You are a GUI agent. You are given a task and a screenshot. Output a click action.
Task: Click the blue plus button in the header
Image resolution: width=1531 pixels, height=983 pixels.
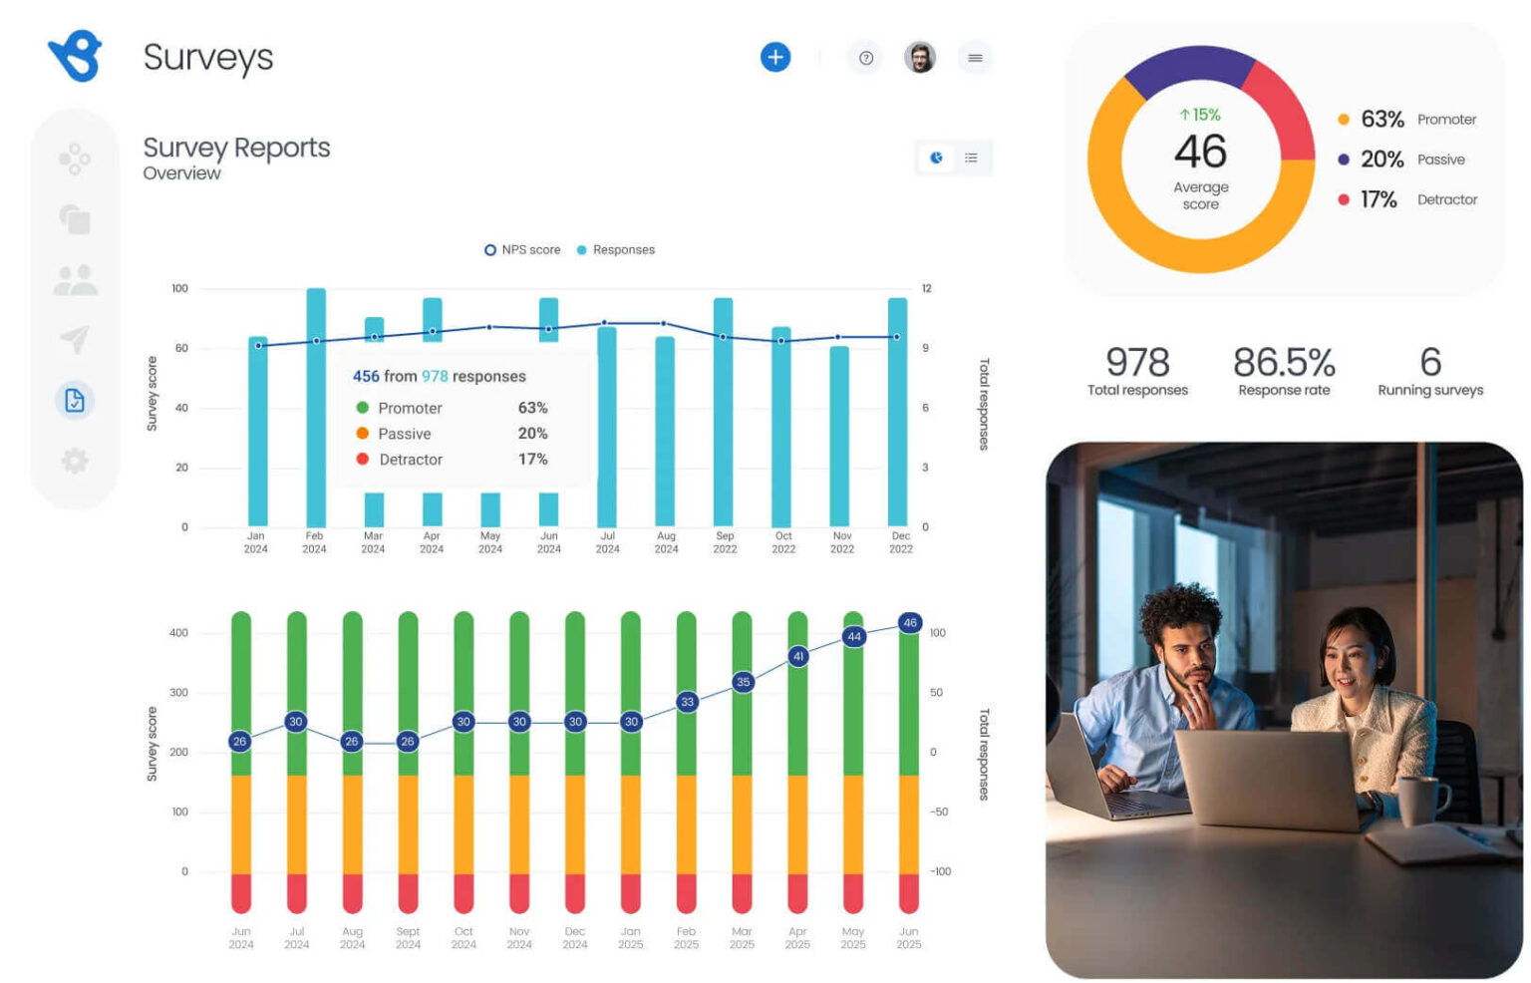tap(774, 57)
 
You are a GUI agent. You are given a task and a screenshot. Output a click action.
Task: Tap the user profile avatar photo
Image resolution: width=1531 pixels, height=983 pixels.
tap(919, 57)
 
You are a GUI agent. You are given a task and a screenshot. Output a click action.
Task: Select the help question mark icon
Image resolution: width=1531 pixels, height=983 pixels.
tap(865, 58)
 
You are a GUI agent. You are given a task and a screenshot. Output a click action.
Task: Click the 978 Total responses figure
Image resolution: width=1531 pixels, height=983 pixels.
tap(1137, 362)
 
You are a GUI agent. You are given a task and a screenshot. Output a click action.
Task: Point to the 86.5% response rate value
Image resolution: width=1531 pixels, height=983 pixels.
tap(1284, 362)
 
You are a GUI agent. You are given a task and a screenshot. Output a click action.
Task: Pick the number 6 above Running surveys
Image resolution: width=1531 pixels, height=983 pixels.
tap(1430, 362)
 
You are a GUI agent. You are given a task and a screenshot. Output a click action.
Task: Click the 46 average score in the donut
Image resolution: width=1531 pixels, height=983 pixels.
tap(1200, 152)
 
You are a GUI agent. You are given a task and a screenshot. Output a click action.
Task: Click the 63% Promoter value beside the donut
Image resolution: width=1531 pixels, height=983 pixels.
tap(1382, 120)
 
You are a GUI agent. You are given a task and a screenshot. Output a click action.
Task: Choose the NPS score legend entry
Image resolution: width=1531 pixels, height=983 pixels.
tap(522, 250)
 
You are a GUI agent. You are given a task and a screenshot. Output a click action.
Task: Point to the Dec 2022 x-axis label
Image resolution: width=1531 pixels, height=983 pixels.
tap(901, 542)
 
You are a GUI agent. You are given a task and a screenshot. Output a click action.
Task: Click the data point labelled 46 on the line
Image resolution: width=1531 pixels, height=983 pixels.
tap(909, 623)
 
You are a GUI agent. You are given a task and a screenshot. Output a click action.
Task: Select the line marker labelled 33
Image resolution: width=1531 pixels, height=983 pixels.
tap(687, 702)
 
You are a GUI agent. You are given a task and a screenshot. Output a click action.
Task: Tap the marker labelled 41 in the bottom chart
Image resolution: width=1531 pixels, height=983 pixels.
tap(797, 656)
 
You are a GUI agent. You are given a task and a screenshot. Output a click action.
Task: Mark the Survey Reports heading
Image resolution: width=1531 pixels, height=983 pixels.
tap(236, 148)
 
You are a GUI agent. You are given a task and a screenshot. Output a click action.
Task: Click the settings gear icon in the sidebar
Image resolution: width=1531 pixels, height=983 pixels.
tap(75, 461)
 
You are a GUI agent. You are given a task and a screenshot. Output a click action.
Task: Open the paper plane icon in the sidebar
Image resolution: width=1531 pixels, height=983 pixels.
tap(75, 339)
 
